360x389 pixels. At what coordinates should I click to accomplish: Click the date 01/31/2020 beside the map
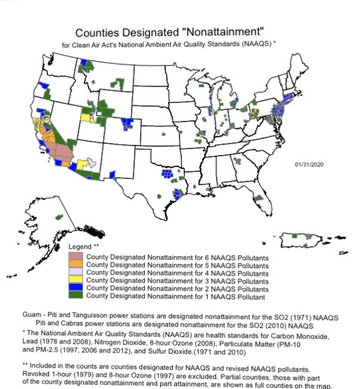[x=309, y=163]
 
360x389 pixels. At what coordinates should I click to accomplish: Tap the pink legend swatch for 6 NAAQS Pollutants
[x=77, y=257]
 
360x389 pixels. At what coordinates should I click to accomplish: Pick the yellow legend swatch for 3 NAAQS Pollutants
[x=77, y=279]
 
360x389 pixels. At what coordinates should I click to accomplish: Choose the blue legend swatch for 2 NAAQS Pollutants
[x=77, y=287]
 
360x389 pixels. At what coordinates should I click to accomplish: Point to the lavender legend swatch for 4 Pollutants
[x=77, y=272]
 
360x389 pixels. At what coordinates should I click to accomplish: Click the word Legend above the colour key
[x=80, y=247]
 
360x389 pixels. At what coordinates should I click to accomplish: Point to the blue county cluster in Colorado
[x=127, y=124]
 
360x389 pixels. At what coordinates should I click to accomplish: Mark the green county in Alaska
[x=59, y=216]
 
